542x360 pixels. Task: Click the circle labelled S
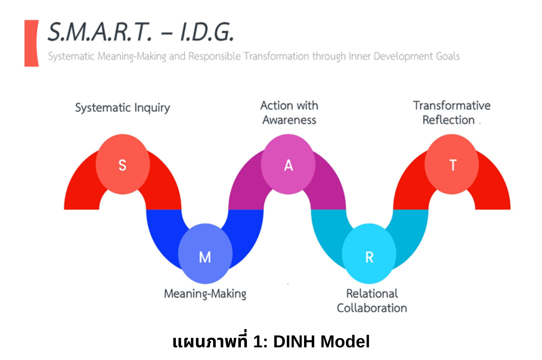pos(122,164)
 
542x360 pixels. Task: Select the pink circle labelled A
pos(288,164)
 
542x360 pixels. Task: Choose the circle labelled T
pos(452,164)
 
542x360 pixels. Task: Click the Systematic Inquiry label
pos(122,108)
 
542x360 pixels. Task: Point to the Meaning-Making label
pos(205,294)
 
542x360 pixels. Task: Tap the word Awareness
pos(289,120)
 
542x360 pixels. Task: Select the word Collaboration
pos(372,308)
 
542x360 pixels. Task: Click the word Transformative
pos(452,105)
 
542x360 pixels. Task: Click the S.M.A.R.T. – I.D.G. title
pos(140,32)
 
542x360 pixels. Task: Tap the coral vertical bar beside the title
pos(31,43)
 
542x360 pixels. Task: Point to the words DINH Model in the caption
pos(321,342)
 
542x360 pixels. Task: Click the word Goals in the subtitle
pos(448,56)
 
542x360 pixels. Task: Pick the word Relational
pos(372,294)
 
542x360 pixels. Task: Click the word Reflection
pos(448,120)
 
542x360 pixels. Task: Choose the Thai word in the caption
pos(210,341)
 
